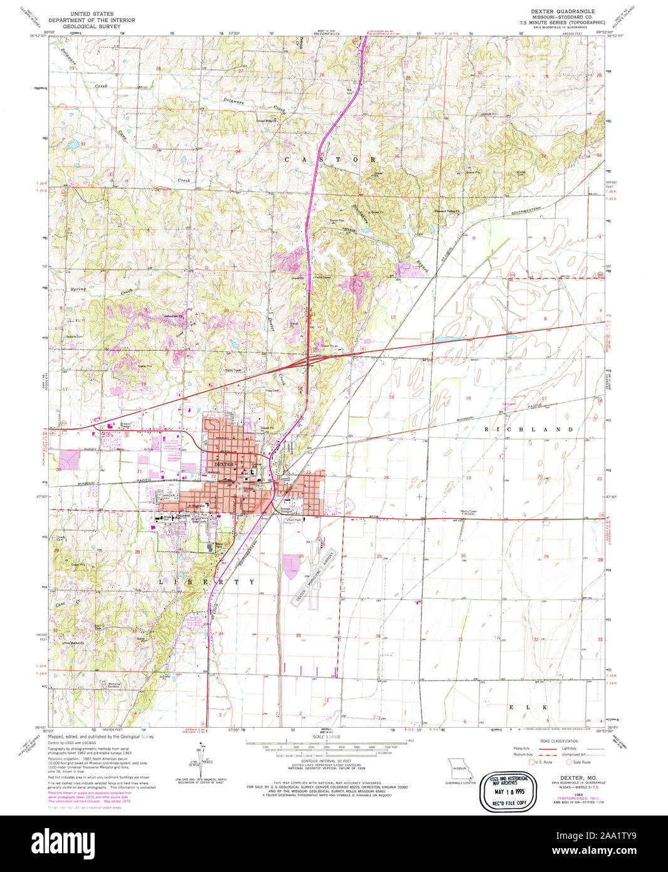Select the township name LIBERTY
[206, 582]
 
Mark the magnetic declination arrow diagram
[203, 756]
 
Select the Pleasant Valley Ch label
[448, 211]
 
